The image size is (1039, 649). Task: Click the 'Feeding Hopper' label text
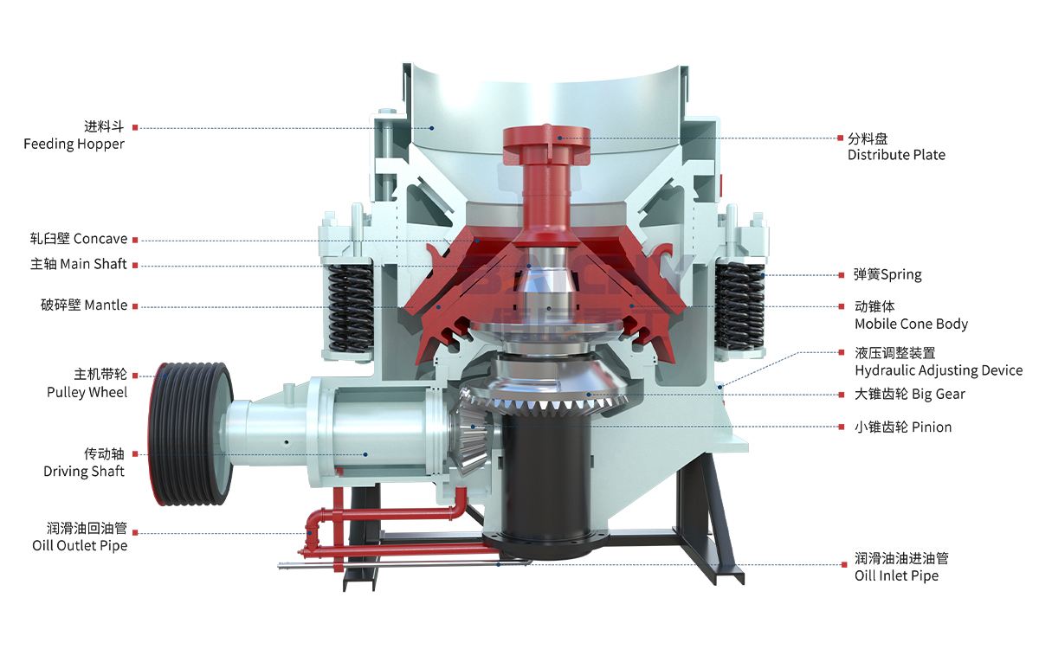[74, 145]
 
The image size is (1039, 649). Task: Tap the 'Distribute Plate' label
[896, 155]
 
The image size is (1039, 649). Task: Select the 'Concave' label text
[100, 239]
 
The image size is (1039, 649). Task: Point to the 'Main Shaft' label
[94, 264]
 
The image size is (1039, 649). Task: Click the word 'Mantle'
[106, 305]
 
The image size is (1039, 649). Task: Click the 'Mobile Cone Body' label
[912, 324]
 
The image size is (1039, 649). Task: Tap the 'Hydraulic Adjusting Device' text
[939, 370]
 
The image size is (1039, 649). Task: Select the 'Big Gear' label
[939, 395]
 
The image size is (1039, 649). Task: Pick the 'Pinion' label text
[932, 427]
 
